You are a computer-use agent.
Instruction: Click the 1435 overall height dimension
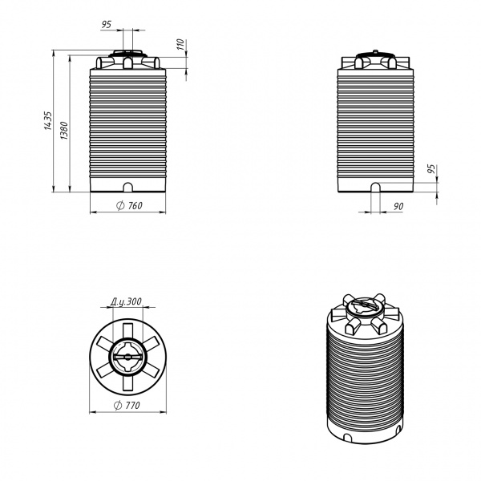pos(48,120)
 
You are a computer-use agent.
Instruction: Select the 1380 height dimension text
pos(64,131)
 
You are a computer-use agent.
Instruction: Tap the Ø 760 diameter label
pos(129,205)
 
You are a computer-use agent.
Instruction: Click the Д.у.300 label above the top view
pos(126,301)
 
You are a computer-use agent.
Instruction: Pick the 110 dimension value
pos(180,44)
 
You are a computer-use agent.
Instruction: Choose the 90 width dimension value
pos(398,207)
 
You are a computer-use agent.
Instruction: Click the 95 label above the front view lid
pos(106,24)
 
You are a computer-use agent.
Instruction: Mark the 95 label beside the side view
pos(431,169)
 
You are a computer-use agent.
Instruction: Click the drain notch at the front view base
pos(128,188)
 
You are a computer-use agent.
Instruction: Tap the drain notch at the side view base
pos(376,188)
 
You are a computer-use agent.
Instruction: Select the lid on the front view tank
pos(127,54)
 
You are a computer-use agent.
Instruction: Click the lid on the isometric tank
pos(366,307)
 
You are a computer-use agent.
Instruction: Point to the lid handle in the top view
pos(127,357)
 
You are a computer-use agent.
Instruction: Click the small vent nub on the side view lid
pos(375,51)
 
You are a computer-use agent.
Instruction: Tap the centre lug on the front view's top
pos(127,63)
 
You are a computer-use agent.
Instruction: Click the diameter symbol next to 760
pos(120,205)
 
